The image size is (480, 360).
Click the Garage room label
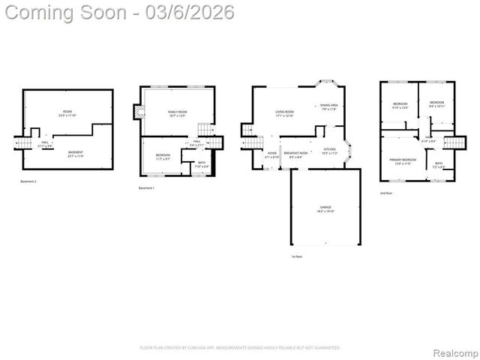click(325, 207)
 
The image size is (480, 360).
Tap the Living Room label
click(284, 112)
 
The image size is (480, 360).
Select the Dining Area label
click(328, 106)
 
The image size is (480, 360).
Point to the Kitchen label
click(330, 151)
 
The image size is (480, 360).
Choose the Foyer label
click(271, 154)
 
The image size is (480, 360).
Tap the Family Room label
click(177, 113)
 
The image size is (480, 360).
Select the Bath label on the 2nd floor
click(439, 164)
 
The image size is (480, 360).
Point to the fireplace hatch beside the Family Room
click(138, 113)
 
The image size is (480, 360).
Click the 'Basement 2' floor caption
click(28, 181)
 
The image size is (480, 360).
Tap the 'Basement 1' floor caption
click(146, 187)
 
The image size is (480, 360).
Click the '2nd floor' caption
click(386, 193)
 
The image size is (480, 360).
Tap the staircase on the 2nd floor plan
click(455, 142)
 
